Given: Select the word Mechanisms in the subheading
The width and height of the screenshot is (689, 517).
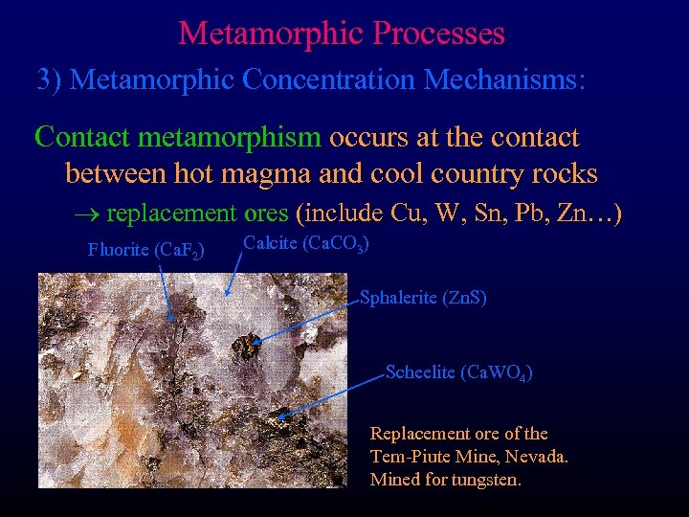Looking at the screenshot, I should [503, 79].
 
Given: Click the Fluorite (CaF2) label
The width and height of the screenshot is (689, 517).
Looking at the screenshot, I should [145, 251].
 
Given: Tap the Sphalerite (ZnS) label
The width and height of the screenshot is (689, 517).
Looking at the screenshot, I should [423, 298].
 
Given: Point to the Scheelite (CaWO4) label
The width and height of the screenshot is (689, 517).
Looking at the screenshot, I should [458, 372].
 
